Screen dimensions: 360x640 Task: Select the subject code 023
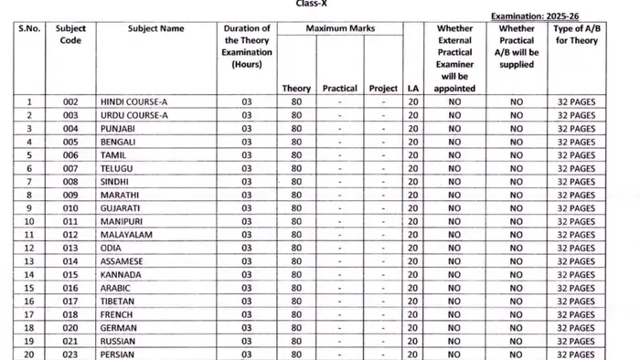tap(64, 355)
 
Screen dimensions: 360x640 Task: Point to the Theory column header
tap(296, 89)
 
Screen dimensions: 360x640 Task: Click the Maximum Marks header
tap(341, 29)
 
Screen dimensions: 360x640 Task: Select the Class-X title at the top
tap(320, 4)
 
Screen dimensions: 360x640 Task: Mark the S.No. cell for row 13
tap(29, 261)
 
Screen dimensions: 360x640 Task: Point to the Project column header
tap(383, 89)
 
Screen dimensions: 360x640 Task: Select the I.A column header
tap(413, 89)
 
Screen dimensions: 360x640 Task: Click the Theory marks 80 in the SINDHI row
tap(296, 182)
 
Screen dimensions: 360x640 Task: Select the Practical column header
tap(339, 89)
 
